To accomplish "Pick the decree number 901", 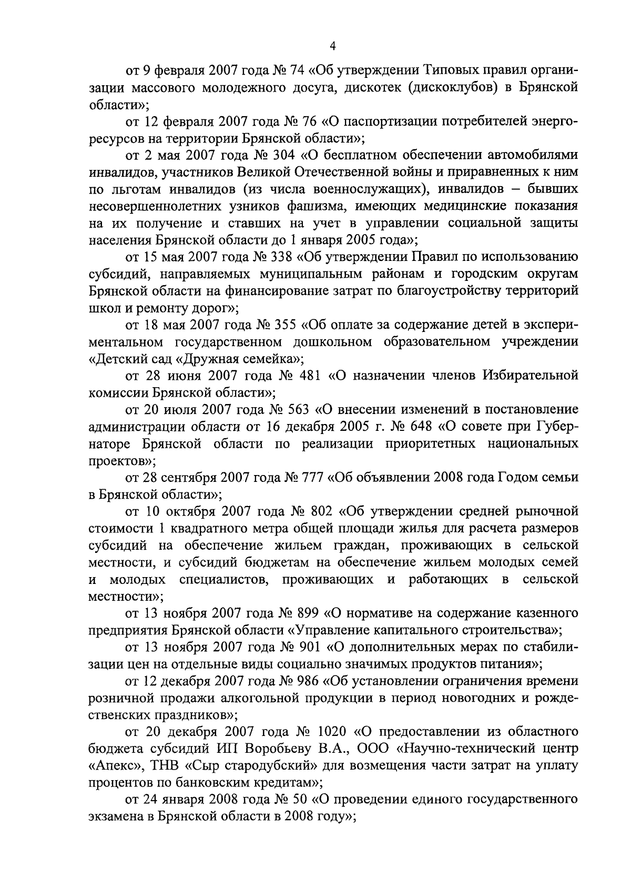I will coord(305,648).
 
